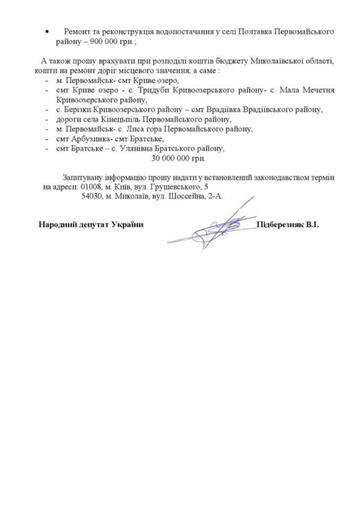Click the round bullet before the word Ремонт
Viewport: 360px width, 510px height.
pos(46,31)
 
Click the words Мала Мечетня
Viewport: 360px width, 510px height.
pos(313,90)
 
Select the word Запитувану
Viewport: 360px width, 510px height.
pos(83,178)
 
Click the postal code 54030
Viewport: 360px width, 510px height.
pos(90,197)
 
